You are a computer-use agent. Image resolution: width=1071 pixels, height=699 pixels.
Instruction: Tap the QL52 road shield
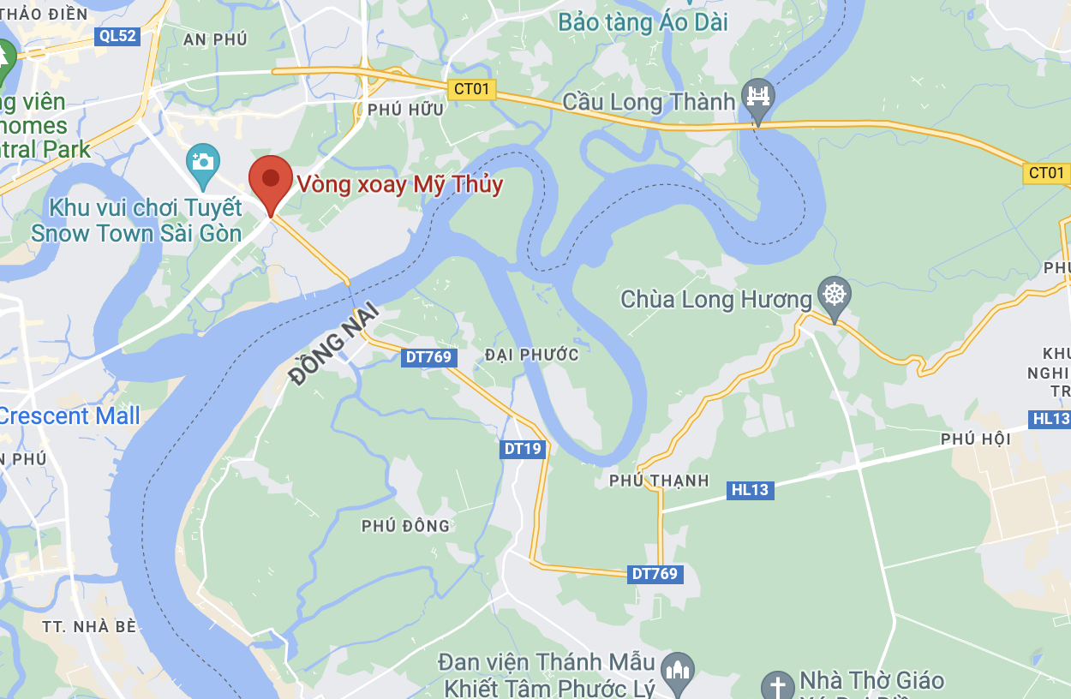[x=118, y=35]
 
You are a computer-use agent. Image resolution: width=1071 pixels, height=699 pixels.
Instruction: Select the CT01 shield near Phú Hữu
[x=471, y=89]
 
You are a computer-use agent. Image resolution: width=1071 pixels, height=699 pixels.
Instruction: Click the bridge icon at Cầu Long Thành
[x=757, y=96]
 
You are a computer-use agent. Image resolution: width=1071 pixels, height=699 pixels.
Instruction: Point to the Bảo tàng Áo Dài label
[x=643, y=21]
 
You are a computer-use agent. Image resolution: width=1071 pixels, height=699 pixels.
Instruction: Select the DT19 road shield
[x=523, y=449]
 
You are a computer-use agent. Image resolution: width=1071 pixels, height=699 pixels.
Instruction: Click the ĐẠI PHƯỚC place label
[x=531, y=355]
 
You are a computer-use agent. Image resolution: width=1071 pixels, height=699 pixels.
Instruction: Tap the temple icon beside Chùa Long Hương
[x=833, y=295]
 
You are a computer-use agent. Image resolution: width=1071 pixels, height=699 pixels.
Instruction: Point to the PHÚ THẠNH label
[x=659, y=481]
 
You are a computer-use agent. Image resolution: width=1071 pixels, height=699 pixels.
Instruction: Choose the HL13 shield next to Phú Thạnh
[x=751, y=490]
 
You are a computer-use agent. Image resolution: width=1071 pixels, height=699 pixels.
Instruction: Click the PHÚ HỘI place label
[x=976, y=439]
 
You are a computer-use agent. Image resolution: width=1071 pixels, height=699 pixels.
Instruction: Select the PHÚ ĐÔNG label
[x=405, y=526]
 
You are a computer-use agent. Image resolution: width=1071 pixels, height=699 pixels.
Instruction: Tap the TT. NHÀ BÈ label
[x=89, y=626]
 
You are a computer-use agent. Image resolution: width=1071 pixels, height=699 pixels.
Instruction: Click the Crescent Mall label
[x=69, y=416]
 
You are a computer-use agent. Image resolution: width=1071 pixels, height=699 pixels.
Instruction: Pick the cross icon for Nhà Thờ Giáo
[x=778, y=685]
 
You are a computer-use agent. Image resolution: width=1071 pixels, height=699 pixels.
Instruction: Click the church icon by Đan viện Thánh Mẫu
[x=677, y=669]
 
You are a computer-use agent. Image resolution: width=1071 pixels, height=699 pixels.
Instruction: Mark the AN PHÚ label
[x=215, y=39]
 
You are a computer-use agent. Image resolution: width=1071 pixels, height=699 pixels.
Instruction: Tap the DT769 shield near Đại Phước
[x=428, y=357]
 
